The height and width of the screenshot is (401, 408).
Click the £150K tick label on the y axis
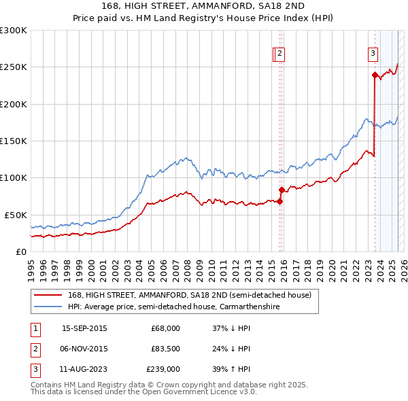(x=13, y=141)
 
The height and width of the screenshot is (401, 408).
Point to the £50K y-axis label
(x=16, y=215)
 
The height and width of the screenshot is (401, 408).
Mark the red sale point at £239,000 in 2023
(x=375, y=75)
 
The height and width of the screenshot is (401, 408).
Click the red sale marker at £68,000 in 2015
(x=279, y=201)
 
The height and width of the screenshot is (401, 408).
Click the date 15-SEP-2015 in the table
(x=84, y=328)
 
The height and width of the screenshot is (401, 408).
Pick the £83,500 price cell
(x=165, y=349)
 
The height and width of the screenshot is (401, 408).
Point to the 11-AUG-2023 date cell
(x=84, y=369)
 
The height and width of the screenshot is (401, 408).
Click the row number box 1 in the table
(x=33, y=328)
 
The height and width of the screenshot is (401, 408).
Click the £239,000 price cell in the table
(x=163, y=369)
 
